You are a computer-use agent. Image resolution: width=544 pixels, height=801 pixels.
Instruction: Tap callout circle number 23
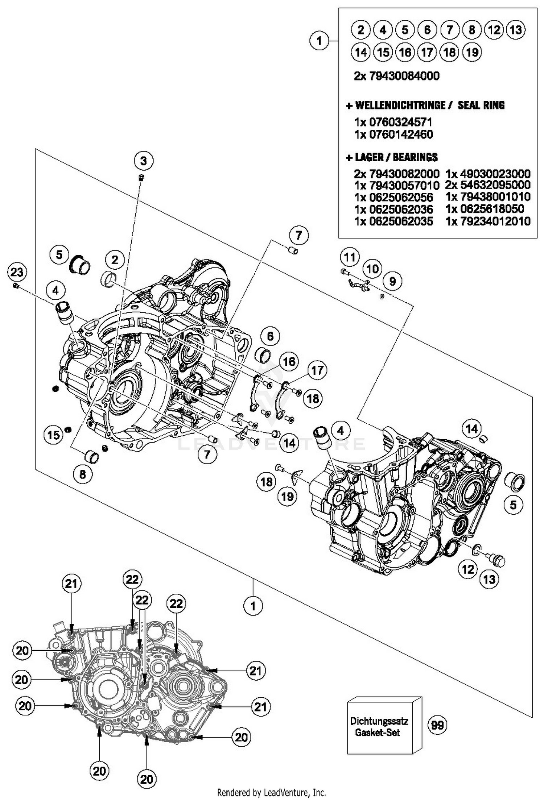[17, 272]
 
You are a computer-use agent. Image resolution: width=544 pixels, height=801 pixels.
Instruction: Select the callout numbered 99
[437, 725]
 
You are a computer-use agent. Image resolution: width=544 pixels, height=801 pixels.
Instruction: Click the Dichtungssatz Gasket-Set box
[380, 727]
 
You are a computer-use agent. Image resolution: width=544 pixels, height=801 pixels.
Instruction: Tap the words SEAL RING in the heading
[481, 105]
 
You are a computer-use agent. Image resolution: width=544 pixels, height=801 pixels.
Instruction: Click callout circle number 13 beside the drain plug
[489, 579]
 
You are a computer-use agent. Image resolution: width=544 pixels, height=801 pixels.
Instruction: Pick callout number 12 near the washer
[467, 569]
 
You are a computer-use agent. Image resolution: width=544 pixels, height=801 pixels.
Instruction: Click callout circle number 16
[289, 361]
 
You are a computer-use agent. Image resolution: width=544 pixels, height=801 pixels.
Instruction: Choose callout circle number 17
[317, 370]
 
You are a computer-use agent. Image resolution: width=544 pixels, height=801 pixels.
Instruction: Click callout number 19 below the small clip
[288, 496]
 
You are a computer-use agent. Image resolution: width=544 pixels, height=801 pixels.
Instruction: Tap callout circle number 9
[392, 281]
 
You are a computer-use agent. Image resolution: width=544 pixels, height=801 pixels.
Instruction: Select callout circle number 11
[350, 258]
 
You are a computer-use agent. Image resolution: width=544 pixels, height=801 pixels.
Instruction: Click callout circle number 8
[83, 474]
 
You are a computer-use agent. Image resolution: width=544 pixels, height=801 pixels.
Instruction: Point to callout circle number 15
[54, 435]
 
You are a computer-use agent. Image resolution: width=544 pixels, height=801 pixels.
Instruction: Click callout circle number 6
[270, 336]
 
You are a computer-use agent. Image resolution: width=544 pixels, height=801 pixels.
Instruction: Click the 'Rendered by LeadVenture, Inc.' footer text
[271, 792]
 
